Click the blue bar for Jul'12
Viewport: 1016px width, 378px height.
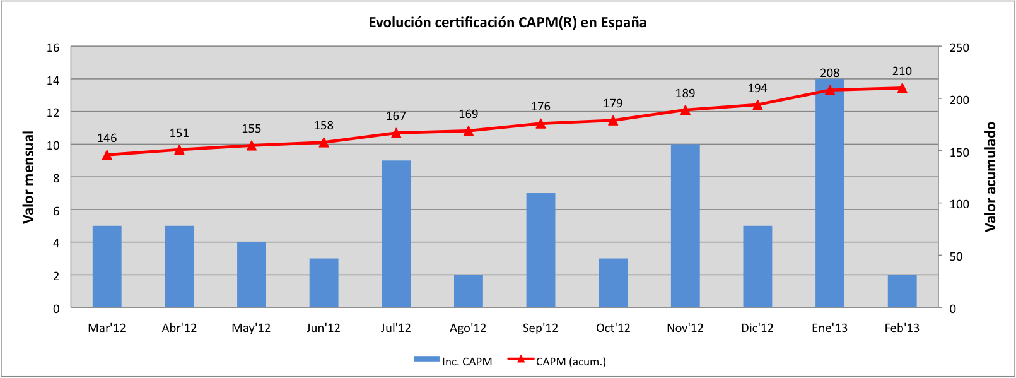coord(396,233)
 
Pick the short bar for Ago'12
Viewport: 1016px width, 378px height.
coord(468,291)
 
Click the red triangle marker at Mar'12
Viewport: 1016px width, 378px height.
coord(107,155)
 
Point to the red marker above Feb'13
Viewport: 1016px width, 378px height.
coord(902,88)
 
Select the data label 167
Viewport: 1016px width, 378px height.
coord(396,116)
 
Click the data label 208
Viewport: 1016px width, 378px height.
coord(829,73)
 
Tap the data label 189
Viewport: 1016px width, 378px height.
coord(685,93)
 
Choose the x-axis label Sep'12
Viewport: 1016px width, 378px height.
coord(540,328)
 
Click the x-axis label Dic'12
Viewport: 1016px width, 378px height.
coord(757,328)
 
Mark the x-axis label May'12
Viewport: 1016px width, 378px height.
coord(251,328)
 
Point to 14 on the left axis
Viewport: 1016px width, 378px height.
coord(53,80)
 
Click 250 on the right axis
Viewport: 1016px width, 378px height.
coord(959,48)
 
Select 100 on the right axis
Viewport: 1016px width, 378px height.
coord(959,204)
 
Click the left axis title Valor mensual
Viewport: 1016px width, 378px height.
coord(28,177)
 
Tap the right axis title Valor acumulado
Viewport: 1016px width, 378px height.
coord(990,177)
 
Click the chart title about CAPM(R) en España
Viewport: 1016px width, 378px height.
coord(508,23)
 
